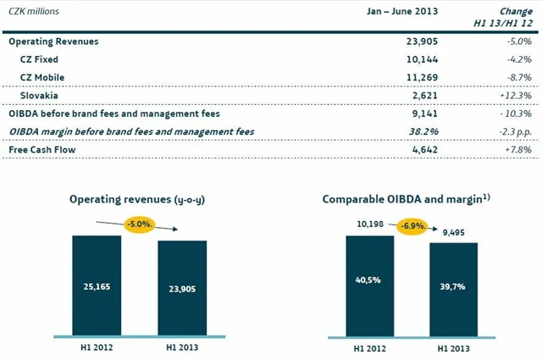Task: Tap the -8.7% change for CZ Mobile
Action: pyautogui.click(x=516, y=77)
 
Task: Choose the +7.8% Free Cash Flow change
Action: pyautogui.click(x=516, y=150)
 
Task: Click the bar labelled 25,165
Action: pyautogui.click(x=96, y=284)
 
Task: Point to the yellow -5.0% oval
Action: pyautogui.click(x=140, y=225)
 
